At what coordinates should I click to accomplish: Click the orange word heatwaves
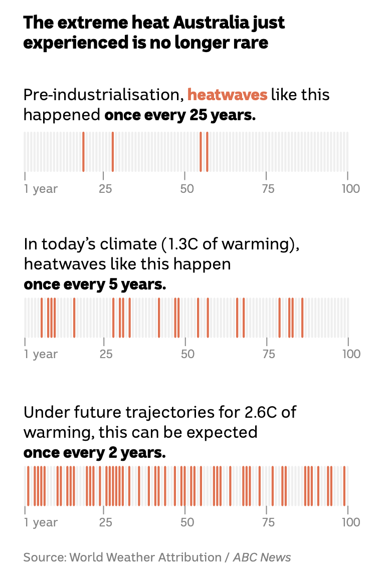tap(227, 95)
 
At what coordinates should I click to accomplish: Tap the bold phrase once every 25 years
tap(180, 115)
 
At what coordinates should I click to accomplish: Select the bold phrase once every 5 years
tap(94, 284)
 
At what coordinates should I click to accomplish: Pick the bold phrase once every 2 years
tap(94, 453)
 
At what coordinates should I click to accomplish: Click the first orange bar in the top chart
tap(83, 152)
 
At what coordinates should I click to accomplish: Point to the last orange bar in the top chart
tap(207, 152)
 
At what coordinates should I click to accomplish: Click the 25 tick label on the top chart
tap(105, 189)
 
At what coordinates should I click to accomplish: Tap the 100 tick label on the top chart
tap(350, 189)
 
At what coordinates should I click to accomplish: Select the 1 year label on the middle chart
tap(41, 354)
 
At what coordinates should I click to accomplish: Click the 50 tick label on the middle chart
tap(187, 354)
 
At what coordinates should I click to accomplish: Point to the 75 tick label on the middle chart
tap(269, 354)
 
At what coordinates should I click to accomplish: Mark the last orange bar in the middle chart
tap(302, 318)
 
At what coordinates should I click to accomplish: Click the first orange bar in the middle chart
tap(42, 318)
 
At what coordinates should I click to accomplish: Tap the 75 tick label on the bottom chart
tap(269, 522)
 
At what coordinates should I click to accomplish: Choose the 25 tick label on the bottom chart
tap(105, 522)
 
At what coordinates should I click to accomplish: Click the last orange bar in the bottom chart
tap(344, 486)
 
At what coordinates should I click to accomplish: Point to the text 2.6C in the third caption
tap(264, 412)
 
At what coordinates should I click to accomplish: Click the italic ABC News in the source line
tap(262, 557)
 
